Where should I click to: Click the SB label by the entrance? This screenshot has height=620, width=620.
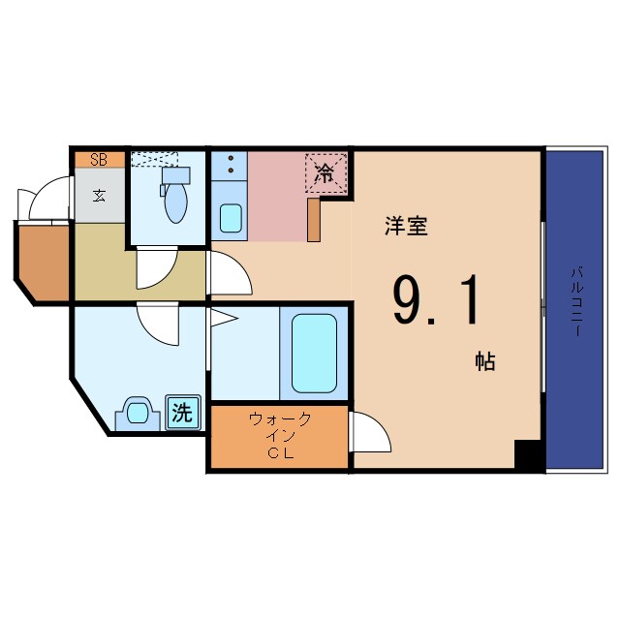pyautogui.click(x=99, y=160)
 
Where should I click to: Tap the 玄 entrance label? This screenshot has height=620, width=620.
pyautogui.click(x=99, y=194)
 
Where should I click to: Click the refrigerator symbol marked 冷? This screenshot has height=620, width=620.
pyautogui.click(x=325, y=174)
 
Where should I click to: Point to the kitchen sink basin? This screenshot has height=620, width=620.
pyautogui.click(x=231, y=219)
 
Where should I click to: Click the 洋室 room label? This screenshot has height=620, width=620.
pyautogui.click(x=406, y=227)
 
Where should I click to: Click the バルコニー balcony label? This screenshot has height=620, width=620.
pyautogui.click(x=576, y=303)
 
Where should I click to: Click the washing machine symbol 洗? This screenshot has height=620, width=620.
pyautogui.click(x=181, y=413)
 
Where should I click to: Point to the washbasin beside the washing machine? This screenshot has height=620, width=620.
pyautogui.click(x=139, y=416)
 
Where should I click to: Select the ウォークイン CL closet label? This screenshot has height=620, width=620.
pyautogui.click(x=279, y=435)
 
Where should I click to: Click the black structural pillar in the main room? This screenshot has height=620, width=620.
pyautogui.click(x=528, y=455)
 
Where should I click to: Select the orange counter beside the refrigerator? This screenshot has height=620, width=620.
pyautogui.click(x=314, y=219)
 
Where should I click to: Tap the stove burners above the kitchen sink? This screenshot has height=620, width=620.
pyautogui.click(x=231, y=166)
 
